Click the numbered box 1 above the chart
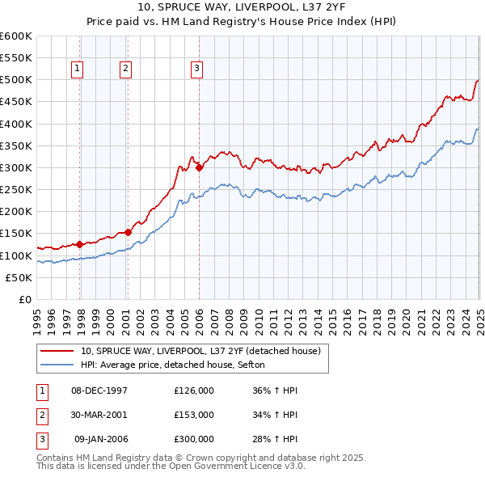click(78, 70)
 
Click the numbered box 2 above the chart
click(126, 70)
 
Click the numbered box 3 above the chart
click(196, 70)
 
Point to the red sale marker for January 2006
click(199, 168)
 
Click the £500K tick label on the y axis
click(16, 80)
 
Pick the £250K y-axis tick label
click(16, 190)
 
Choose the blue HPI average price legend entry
click(178, 365)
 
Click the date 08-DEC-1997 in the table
click(99, 390)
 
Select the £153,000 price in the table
click(194, 415)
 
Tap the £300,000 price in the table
click(194, 439)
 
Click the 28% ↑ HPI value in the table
click(275, 439)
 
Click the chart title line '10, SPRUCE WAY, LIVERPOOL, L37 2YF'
click(242, 8)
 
